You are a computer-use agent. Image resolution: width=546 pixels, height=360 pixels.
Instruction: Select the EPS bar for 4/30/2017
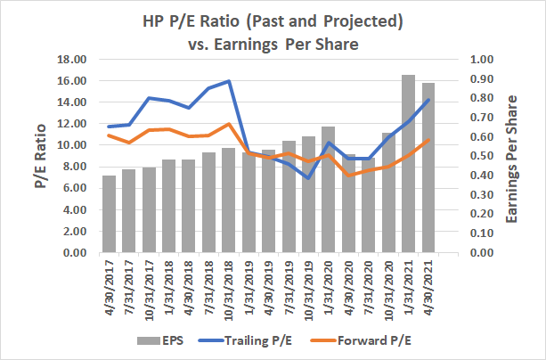(x=109, y=214)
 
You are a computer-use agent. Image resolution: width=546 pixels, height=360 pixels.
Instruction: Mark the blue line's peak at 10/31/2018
(x=229, y=81)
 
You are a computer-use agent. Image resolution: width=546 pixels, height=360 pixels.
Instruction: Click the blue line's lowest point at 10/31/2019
(x=308, y=178)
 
